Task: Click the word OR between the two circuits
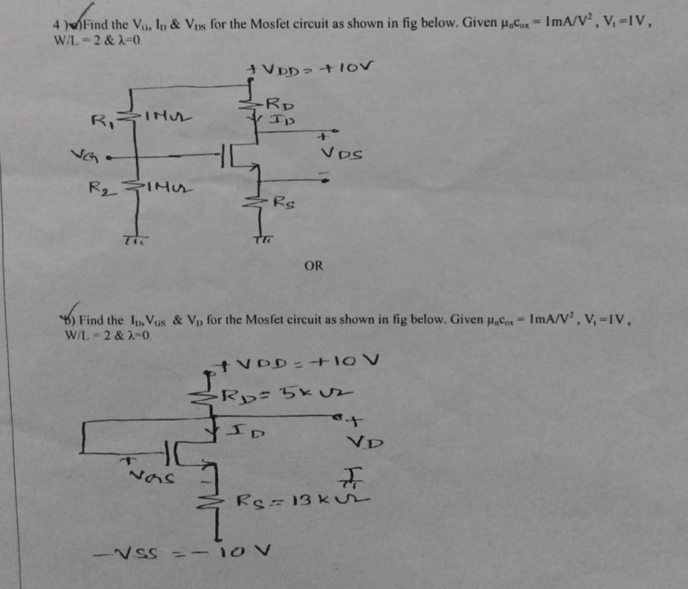point(314,266)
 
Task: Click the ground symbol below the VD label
point(348,475)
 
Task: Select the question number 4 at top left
point(57,25)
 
